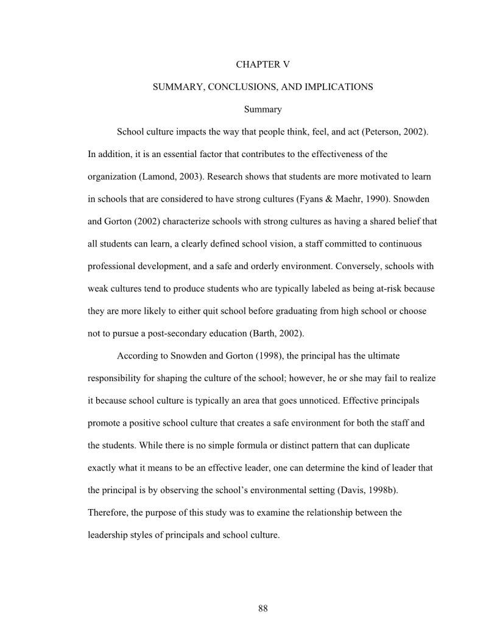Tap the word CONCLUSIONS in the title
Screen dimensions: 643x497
244,87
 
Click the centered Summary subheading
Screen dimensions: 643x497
263,110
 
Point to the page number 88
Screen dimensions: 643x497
263,608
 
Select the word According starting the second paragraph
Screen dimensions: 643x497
138,356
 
